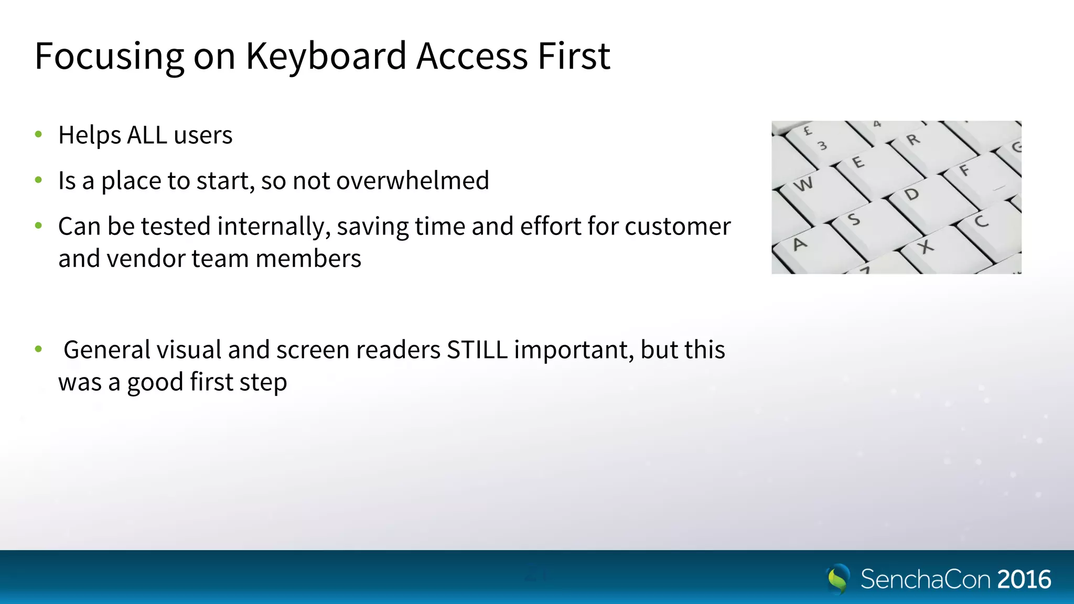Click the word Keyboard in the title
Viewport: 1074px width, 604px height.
click(326, 56)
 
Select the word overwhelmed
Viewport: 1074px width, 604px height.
click(412, 181)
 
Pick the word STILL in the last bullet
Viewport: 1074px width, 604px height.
click(477, 350)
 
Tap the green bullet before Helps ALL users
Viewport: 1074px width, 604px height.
click(38, 135)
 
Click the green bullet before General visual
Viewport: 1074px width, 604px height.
click(38, 349)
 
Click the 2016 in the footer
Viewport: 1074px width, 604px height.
click(1024, 579)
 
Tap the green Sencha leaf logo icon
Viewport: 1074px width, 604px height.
click(838, 579)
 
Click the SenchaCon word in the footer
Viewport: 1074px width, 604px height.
click(925, 579)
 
